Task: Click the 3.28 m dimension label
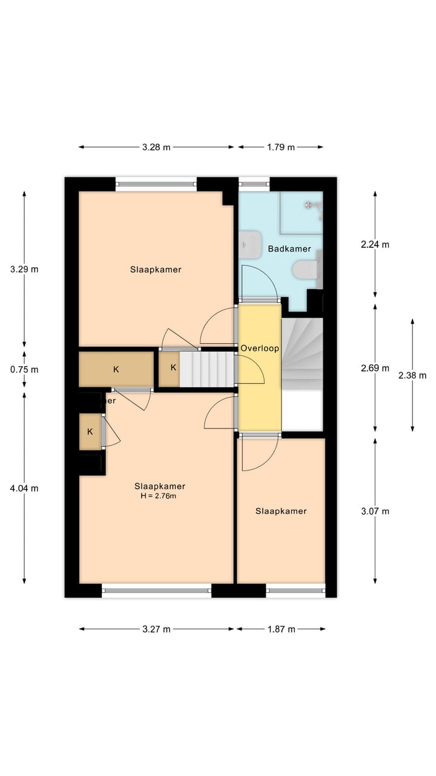156,147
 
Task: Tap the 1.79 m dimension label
280,147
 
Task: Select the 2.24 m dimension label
375,245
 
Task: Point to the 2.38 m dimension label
412,375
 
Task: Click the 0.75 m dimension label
25,369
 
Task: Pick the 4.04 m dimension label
25,488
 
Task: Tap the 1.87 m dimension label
281,629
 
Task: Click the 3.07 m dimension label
375,511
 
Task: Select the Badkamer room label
289,249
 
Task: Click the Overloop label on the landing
259,349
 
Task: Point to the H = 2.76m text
159,496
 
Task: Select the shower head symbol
310,205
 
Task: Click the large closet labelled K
116,369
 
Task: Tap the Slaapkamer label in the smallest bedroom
281,511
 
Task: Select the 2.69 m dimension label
375,368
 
